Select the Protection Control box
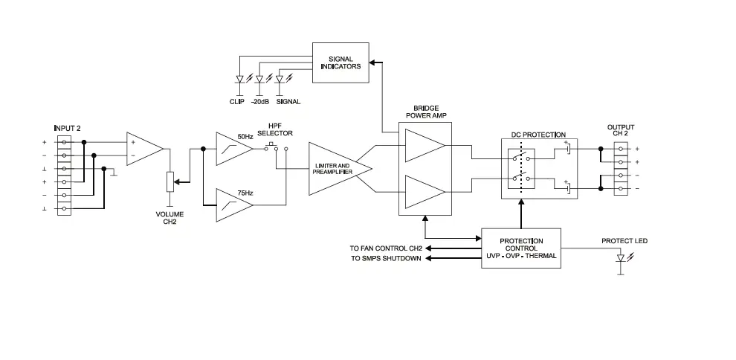click(520, 248)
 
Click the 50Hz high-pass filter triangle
click(231, 149)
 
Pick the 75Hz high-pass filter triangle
click(231, 205)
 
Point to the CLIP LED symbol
click(239, 79)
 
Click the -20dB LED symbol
click(259, 79)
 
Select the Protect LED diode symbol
click(621, 258)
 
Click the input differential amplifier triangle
click(143, 149)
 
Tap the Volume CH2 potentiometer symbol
click(170, 181)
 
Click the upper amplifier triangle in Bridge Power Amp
click(424, 145)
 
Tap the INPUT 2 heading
click(68, 128)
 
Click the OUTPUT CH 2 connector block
click(621, 169)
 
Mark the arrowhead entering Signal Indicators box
click(377, 62)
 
